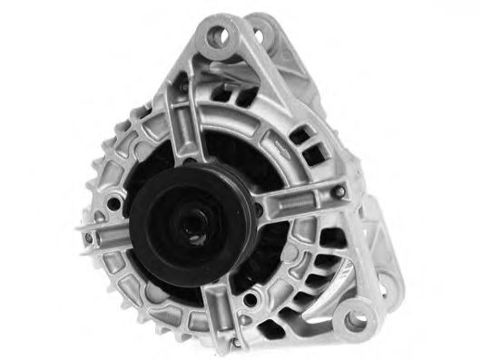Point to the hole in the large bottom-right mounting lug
point(356,318)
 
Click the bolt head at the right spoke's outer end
point(343,193)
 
